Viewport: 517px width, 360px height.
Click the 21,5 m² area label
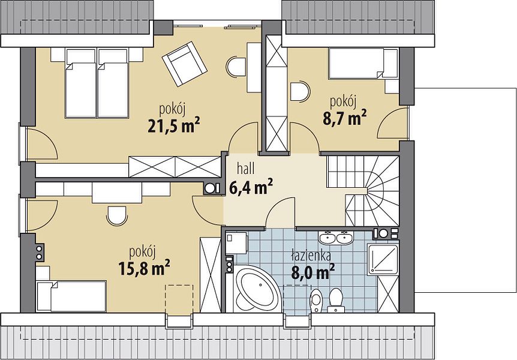(x=174, y=125)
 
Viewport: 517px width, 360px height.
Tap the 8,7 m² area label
(x=344, y=118)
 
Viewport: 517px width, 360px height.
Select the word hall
(x=246, y=169)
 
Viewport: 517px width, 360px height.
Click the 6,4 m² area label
(x=251, y=187)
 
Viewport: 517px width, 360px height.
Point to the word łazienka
(x=311, y=256)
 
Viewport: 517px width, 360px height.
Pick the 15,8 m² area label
(x=144, y=268)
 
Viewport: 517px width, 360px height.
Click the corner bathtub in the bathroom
(x=257, y=289)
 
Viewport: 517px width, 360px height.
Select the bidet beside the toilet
(x=316, y=300)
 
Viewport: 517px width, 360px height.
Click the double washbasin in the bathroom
(x=336, y=238)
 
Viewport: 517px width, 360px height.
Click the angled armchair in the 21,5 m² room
(x=185, y=64)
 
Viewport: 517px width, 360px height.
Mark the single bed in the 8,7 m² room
(x=363, y=64)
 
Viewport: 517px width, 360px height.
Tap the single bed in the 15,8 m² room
(x=71, y=296)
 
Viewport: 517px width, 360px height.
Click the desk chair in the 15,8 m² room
(x=117, y=216)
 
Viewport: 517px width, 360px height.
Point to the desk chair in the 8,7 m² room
(x=300, y=91)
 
